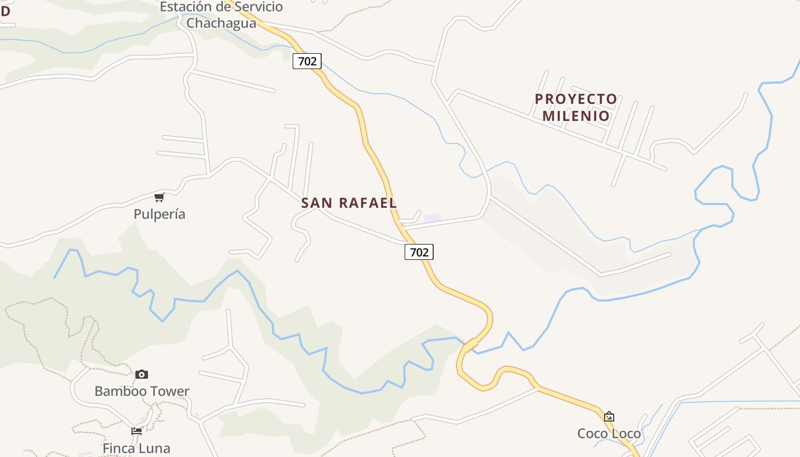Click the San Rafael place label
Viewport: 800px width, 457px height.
(x=349, y=203)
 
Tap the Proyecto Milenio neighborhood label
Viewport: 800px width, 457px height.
(x=576, y=107)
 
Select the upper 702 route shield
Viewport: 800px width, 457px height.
(x=307, y=61)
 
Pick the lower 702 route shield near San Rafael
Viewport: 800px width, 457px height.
(x=419, y=251)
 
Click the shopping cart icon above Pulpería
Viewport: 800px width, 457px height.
(x=159, y=197)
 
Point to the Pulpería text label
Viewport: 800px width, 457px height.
(x=159, y=214)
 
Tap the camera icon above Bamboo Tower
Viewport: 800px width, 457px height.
(x=142, y=374)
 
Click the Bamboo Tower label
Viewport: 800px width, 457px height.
(x=142, y=391)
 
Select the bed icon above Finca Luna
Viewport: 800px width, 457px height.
(x=137, y=431)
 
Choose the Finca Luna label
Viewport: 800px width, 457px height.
(x=137, y=448)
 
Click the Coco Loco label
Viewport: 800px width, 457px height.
(x=609, y=434)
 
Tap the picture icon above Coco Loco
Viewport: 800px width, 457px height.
(x=609, y=416)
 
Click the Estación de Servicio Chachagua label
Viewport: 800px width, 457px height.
(x=221, y=15)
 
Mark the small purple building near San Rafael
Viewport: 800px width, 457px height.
(x=432, y=218)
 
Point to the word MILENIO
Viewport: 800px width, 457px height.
(x=576, y=116)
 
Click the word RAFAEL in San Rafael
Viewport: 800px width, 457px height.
(x=368, y=203)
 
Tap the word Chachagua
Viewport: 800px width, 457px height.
(x=221, y=23)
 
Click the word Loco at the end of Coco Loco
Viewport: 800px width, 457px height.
(x=626, y=434)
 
